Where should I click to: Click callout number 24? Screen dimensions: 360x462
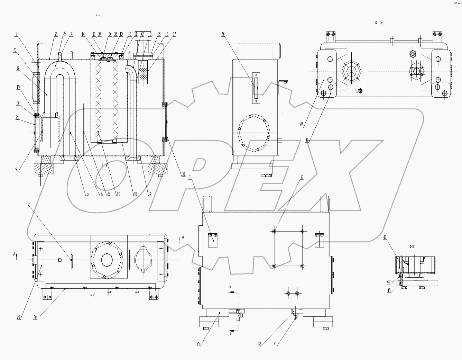coord(223,34)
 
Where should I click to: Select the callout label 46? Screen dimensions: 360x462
coord(307,141)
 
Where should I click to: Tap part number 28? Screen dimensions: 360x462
coord(301,123)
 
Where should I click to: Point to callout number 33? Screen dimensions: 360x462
coord(302,177)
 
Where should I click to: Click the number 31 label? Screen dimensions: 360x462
coord(190,177)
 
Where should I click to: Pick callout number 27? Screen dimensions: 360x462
coord(29,205)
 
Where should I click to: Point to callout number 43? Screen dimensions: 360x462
coord(385,237)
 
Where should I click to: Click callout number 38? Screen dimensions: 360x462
coord(184,175)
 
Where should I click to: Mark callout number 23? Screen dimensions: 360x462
coord(15,50)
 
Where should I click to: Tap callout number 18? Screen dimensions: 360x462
coord(135,194)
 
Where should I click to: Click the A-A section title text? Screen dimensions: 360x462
coord(98,16)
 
